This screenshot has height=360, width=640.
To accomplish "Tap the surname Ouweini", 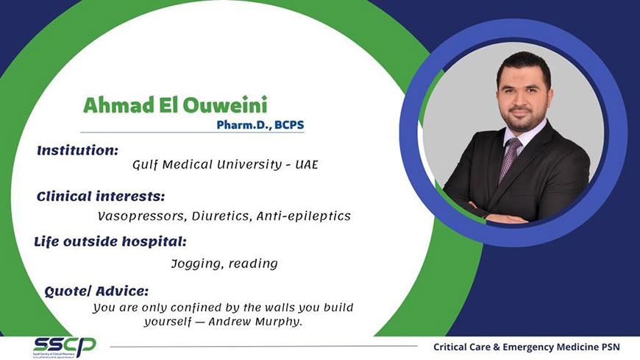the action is (225, 105).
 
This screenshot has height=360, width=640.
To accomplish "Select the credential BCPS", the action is (289, 124).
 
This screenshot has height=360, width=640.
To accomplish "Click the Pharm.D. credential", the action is (243, 125).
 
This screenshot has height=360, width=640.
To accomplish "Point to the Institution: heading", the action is (77, 150).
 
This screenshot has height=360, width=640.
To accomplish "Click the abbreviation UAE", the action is (307, 165).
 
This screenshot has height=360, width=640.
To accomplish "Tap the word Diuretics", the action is (221, 216).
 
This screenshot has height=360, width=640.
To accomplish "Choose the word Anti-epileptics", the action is (304, 216).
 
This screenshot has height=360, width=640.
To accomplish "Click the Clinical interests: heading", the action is (101, 197).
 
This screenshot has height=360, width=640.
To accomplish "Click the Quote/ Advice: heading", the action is (96, 292).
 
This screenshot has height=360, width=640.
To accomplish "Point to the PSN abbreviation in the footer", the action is (611, 347).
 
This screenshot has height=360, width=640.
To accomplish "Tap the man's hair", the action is (524, 66).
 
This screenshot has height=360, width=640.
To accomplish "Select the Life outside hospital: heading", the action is (110, 241).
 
